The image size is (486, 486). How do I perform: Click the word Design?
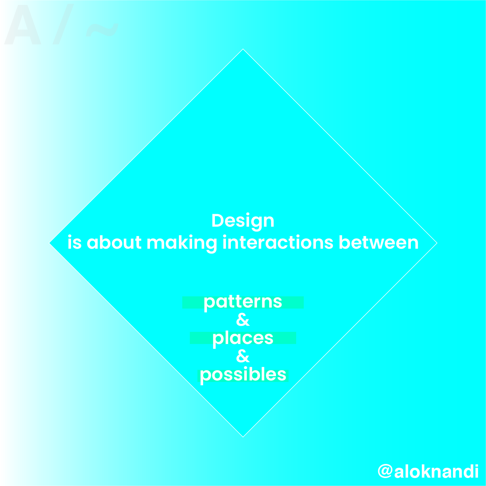click(243, 221)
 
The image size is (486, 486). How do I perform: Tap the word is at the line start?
click(75, 242)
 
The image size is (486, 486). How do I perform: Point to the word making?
click(181, 243)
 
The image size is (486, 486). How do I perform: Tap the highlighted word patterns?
click(243, 303)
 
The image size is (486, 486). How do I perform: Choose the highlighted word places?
click(243, 339)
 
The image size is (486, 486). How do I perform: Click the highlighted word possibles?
click(243, 375)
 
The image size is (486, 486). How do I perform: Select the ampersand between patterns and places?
click(243, 320)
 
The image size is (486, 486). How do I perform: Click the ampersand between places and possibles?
click(243, 356)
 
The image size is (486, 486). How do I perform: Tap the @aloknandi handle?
click(428, 471)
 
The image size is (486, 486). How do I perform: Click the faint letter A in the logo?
click(23, 24)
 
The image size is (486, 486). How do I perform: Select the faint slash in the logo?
click(63, 24)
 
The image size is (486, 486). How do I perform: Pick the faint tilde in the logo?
click(102, 30)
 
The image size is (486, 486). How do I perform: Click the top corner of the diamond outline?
click(243, 49)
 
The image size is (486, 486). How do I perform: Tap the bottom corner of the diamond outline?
click(243, 437)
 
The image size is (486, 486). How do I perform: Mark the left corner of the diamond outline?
click(49, 243)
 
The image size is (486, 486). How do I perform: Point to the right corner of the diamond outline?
click(437, 243)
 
